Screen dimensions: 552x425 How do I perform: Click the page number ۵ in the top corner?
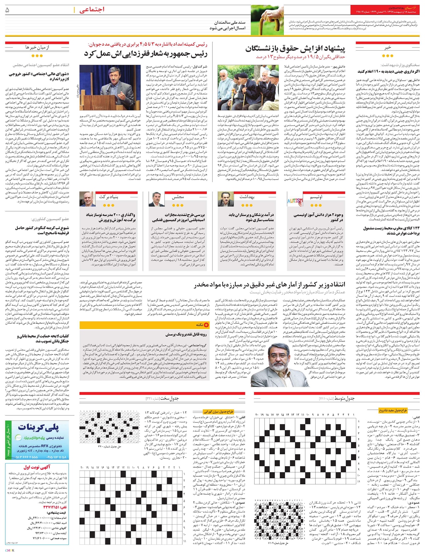[x=7, y=11]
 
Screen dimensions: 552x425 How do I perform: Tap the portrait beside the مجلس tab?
[x=155, y=200]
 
